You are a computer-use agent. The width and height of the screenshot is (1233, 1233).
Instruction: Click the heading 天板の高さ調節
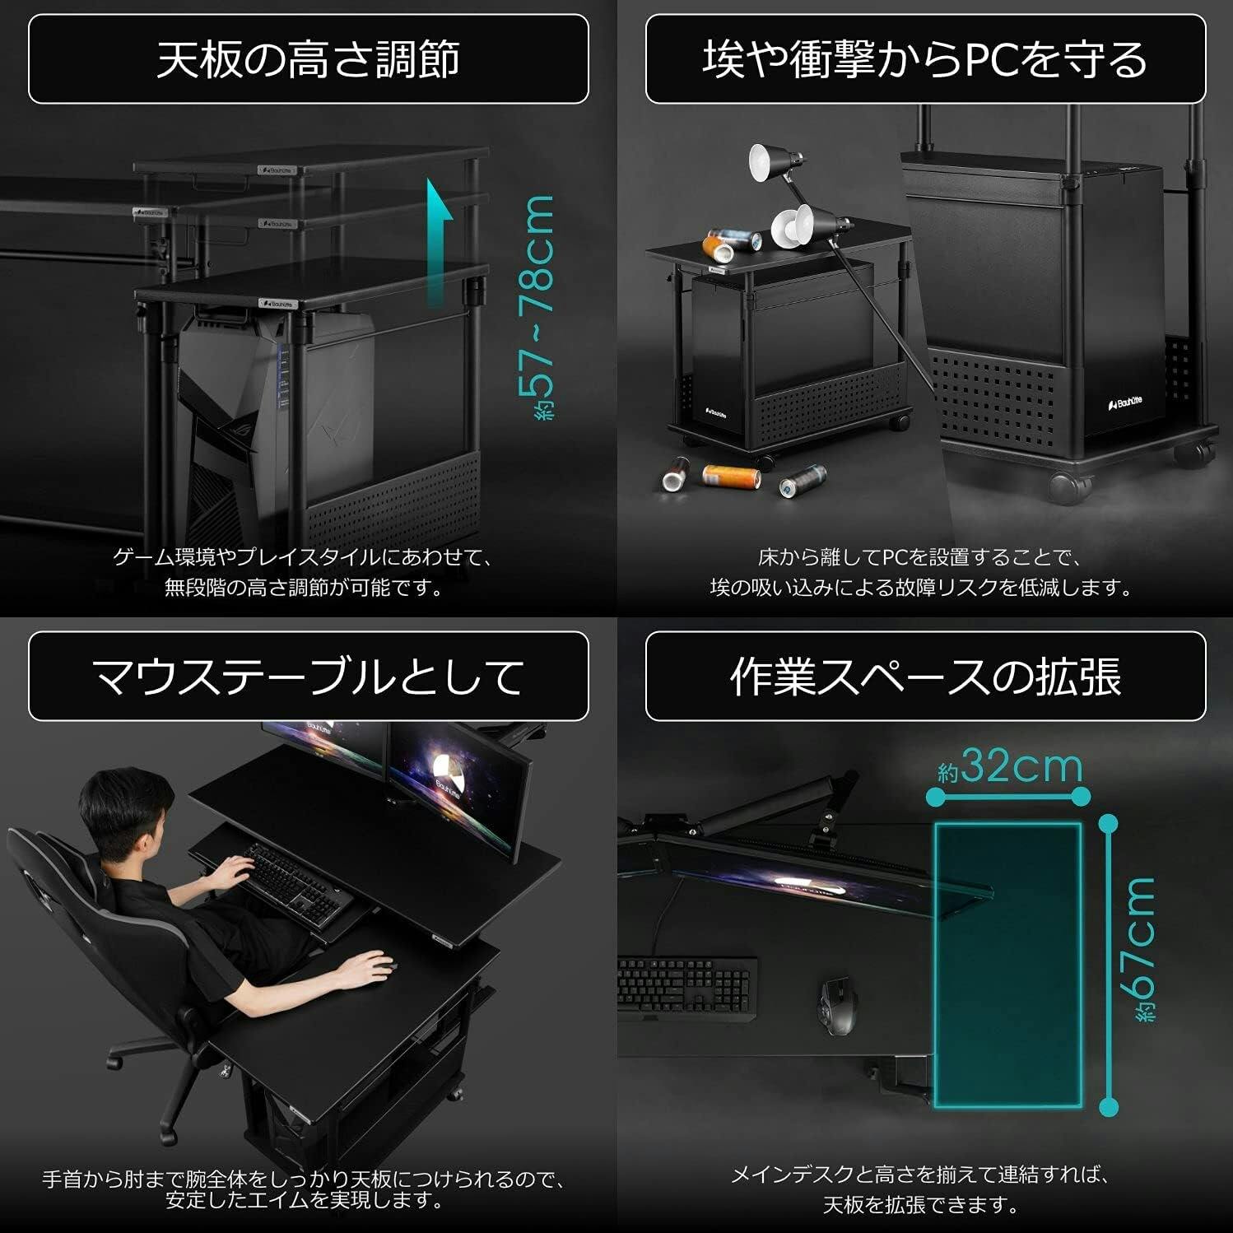[x=308, y=59]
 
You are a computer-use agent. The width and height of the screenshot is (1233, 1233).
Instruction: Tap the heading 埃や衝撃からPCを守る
[x=925, y=59]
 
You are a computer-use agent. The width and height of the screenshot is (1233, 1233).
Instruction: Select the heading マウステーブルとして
[x=308, y=677]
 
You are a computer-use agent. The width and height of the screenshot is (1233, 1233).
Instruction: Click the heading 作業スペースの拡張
[x=925, y=677]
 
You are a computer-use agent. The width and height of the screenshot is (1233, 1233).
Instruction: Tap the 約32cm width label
[x=1010, y=767]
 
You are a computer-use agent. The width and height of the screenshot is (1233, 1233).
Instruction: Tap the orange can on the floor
[x=730, y=476]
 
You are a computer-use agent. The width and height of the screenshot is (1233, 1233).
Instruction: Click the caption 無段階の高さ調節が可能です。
[x=304, y=588]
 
